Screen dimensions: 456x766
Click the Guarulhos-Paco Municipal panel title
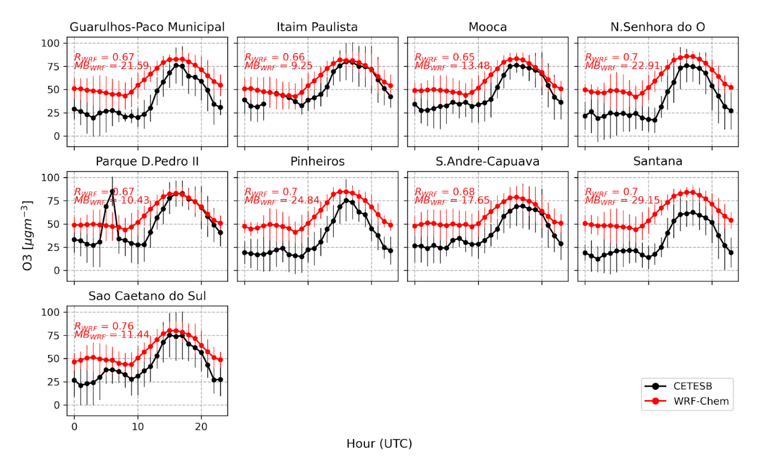click(147, 27)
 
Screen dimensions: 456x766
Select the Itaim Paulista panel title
click(317, 27)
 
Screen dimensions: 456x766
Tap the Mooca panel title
click(488, 27)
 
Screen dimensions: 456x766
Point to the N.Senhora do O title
click(658, 27)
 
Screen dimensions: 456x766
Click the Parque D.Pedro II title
click(147, 162)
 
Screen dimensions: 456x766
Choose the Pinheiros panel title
click(317, 162)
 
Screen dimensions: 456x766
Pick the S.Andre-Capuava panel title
click(488, 162)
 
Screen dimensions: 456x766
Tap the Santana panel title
click(658, 162)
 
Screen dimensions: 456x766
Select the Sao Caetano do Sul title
click(147, 296)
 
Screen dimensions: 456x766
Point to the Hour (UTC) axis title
click(379, 444)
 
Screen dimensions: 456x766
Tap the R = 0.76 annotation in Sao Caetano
click(103, 327)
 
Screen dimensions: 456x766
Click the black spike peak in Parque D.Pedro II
click(112, 192)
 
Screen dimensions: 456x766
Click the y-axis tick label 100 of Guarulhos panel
click(51, 43)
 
